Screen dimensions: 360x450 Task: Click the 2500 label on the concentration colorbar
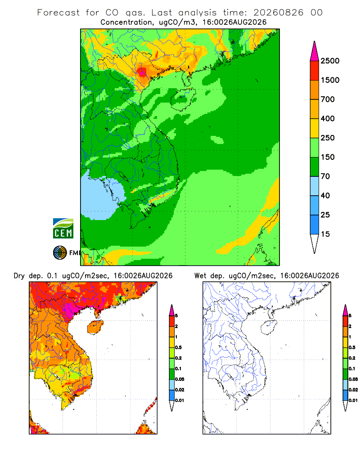pyautogui.click(x=330, y=61)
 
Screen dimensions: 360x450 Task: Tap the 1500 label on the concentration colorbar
pyautogui.click(x=330, y=80)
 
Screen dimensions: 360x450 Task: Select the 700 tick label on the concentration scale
pyautogui.click(x=328, y=99)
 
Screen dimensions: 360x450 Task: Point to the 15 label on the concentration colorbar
pyautogui.click(x=325, y=234)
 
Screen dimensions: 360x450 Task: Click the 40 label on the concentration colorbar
pyautogui.click(x=325, y=195)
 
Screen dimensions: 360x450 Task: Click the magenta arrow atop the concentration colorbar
pyautogui.click(x=315, y=51)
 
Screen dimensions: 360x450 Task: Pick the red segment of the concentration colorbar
pyautogui.click(x=315, y=71)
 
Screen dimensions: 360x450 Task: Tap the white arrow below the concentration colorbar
pyautogui.click(x=315, y=244)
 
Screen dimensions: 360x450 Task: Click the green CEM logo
pyautogui.click(x=63, y=229)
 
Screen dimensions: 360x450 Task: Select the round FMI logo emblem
pyautogui.click(x=60, y=253)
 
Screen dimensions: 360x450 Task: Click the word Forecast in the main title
pyautogui.click(x=58, y=13)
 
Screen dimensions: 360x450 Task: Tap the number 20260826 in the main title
pyautogui.click(x=278, y=13)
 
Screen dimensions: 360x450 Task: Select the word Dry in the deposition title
pyautogui.click(x=19, y=276)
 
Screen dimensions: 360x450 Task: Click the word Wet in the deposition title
pyautogui.click(x=200, y=276)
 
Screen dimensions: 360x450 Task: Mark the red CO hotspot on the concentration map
pyautogui.click(x=142, y=72)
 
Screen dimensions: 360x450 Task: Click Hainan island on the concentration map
pyautogui.click(x=183, y=99)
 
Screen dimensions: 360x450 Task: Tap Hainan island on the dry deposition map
pyautogui.click(x=95, y=327)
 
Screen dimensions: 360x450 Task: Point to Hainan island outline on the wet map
pyautogui.click(x=269, y=327)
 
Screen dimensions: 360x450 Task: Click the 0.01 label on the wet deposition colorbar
pyautogui.click(x=353, y=400)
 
